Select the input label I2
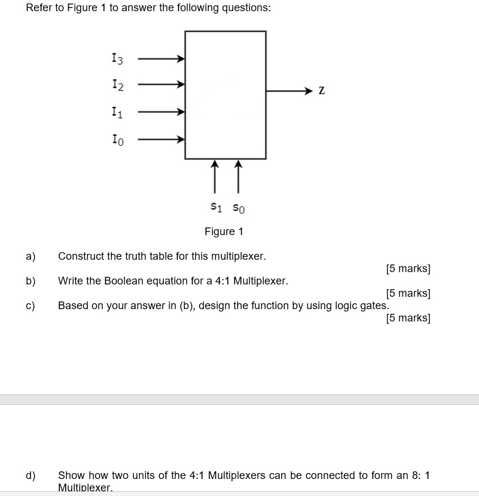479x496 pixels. (x=117, y=85)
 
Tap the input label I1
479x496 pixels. (x=117, y=112)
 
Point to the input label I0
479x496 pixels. (x=117, y=139)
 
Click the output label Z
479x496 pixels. (x=321, y=91)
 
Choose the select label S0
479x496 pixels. (x=238, y=207)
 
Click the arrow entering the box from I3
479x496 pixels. (x=161, y=59)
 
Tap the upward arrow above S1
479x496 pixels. (x=215, y=176)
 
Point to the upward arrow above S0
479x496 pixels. (x=238, y=176)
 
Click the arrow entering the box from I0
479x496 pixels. (x=161, y=140)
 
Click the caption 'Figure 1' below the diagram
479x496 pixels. (x=224, y=232)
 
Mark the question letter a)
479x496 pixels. (x=31, y=256)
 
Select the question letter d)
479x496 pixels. (x=31, y=475)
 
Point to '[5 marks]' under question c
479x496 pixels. (x=408, y=318)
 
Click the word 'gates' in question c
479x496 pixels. (x=373, y=306)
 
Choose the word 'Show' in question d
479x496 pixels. (x=70, y=475)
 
